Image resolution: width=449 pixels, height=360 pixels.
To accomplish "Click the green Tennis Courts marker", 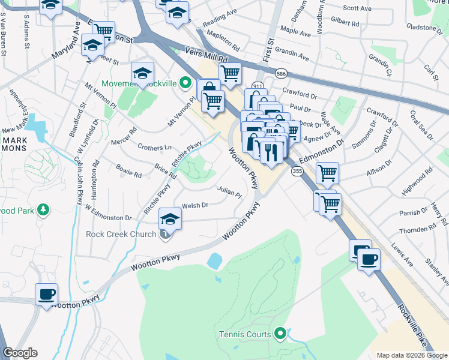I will [280, 334].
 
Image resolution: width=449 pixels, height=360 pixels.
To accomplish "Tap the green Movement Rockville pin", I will [186, 83].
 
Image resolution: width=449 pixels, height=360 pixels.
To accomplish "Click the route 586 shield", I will [280, 73].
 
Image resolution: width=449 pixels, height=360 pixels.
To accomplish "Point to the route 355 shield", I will [297, 172].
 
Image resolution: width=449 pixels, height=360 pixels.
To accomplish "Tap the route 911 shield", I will [258, 86].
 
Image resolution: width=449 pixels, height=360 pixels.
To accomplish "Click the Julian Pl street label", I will [229, 191].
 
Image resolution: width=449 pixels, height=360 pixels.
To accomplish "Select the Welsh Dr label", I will [195, 205].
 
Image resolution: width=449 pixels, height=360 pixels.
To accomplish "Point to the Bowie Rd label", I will [128, 171].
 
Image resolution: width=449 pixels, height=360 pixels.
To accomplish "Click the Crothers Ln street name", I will [154, 148].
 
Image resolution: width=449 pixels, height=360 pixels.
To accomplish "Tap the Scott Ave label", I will [358, 8].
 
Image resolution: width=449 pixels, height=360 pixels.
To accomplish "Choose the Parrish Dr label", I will [411, 212].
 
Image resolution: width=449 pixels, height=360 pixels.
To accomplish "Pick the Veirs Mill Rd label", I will [207, 55].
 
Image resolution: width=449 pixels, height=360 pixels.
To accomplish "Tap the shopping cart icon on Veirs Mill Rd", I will [229, 73].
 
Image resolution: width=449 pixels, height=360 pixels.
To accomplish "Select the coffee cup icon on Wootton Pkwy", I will [46, 294].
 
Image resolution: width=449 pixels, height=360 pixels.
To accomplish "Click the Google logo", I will [20, 353].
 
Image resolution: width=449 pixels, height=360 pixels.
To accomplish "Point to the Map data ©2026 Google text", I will [411, 355].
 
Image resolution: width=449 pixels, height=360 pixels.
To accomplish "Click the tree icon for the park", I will [43, 209].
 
